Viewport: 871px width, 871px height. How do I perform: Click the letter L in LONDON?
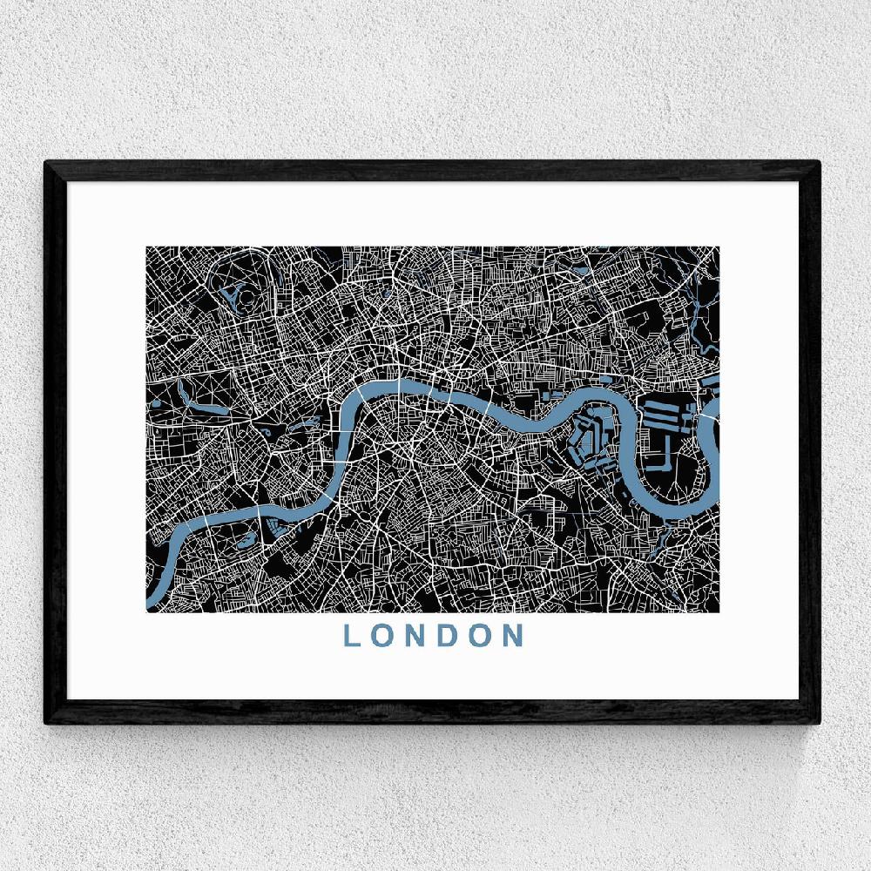pyautogui.click(x=353, y=635)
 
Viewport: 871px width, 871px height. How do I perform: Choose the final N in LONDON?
pyautogui.click(x=512, y=635)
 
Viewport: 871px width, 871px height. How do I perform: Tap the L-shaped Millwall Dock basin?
pyautogui.click(x=661, y=453)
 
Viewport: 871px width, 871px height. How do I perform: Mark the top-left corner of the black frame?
pyautogui.click(x=46, y=162)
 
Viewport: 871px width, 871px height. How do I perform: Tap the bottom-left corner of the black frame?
pyautogui.click(x=46, y=723)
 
